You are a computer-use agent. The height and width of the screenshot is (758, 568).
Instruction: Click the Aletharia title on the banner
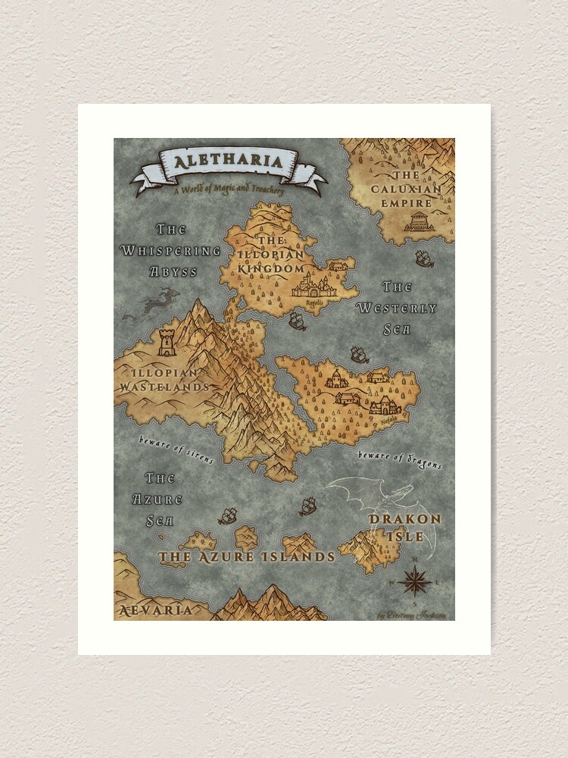228,161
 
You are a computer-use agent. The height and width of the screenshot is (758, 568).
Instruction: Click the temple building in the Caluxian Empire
417,221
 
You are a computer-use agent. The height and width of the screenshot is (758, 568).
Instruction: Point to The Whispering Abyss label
170,250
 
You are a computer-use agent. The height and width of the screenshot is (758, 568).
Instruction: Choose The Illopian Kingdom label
270,254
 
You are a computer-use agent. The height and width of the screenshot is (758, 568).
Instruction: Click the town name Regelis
314,301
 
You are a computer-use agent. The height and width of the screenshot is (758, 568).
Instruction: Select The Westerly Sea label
397,298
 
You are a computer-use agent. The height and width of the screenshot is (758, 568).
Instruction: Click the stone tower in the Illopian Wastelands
167,343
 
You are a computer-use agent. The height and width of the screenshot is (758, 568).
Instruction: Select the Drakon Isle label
404,526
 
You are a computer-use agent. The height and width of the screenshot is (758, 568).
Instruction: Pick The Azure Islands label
246,556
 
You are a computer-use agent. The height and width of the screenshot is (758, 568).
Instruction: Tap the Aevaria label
155,609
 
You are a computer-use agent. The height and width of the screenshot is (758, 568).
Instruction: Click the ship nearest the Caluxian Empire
424,258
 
